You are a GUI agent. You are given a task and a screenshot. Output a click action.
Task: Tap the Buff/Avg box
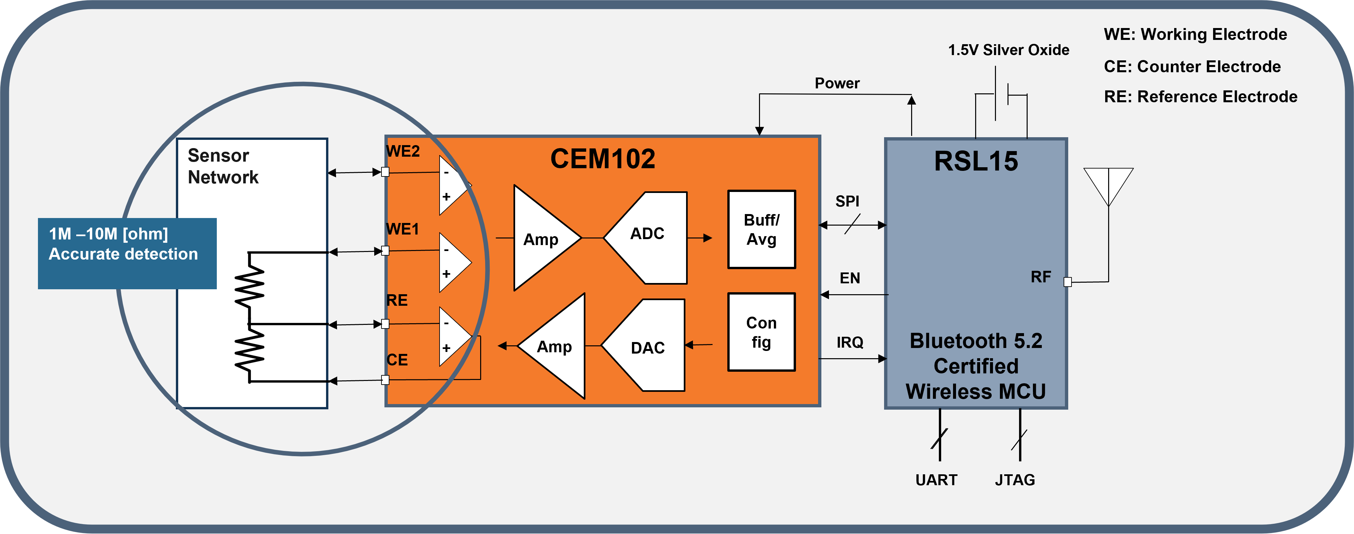[x=761, y=230]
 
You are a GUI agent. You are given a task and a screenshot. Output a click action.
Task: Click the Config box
[x=761, y=332]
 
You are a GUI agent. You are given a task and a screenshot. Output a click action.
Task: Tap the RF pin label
[x=1041, y=277]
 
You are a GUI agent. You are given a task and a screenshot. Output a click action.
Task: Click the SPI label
[x=847, y=201]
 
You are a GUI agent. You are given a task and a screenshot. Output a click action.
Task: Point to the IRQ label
[x=850, y=343]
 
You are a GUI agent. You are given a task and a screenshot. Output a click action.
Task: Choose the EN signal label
[x=850, y=278]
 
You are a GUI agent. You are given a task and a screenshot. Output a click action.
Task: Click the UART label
[x=936, y=480]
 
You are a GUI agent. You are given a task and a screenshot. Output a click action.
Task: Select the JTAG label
[x=1014, y=480]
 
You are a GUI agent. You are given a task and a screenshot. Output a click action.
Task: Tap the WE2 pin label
[x=403, y=151]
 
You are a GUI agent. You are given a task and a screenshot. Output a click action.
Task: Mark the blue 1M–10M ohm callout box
[x=127, y=253]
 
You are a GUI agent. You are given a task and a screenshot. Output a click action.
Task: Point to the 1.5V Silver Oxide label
[x=1008, y=50]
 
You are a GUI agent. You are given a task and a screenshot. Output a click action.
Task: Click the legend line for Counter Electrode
[x=1192, y=67]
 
